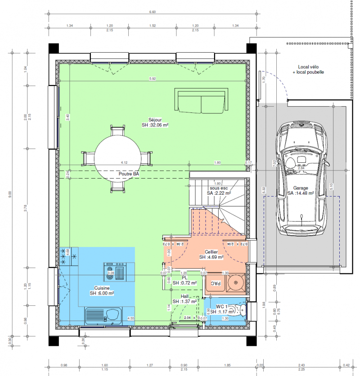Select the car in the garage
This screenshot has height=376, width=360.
point(300,178)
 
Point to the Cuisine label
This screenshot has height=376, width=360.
point(101,291)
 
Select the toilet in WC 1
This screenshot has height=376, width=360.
point(241,309)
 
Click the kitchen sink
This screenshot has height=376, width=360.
point(103,315)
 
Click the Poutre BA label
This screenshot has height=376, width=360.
point(128,174)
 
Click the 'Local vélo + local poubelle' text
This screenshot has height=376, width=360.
point(308,69)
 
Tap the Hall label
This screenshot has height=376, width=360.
point(184,296)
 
